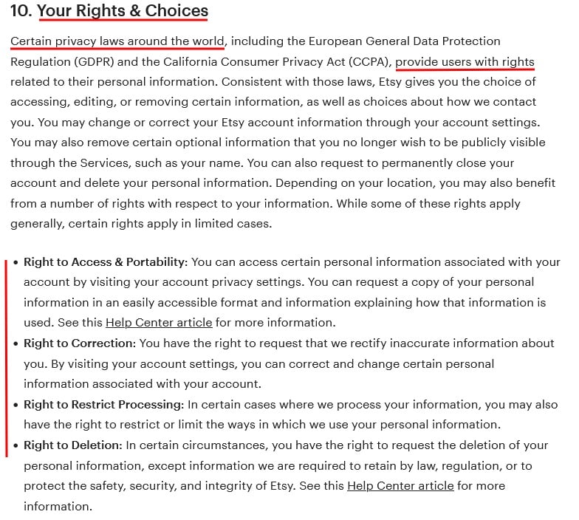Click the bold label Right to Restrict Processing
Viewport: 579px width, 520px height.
tap(103, 405)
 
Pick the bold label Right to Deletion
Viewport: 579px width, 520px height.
tap(72, 445)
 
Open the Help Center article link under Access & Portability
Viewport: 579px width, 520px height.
tap(159, 323)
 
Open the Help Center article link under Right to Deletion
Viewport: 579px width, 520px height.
tap(400, 486)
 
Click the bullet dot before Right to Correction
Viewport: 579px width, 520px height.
tap(15, 343)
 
